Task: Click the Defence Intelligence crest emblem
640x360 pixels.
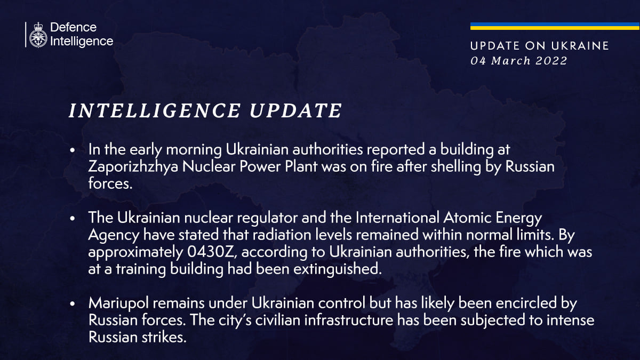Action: point(38,35)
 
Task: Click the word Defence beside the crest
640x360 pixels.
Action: point(74,27)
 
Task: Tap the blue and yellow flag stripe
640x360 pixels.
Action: point(555,26)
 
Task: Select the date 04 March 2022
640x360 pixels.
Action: point(518,61)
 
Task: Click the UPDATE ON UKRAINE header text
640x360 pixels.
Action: point(539,46)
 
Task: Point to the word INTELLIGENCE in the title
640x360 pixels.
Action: point(154,110)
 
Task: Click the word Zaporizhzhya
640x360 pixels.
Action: point(133,166)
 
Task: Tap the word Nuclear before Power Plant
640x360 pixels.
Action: point(209,166)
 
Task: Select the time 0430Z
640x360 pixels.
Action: point(211,252)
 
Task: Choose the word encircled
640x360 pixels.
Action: point(526,303)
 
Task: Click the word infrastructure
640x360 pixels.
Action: point(349,320)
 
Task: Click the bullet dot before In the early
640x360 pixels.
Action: point(73,150)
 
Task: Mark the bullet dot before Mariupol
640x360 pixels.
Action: point(73,304)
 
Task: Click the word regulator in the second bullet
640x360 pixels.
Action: point(267,218)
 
